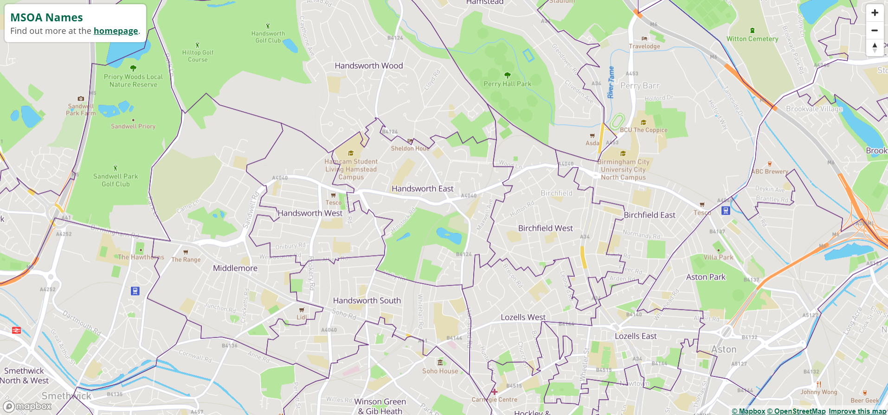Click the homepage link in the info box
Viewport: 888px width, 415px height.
pos(116,31)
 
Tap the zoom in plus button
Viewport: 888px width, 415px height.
pos(875,13)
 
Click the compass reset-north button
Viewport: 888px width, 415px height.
pos(875,47)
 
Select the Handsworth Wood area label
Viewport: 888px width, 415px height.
pos(369,66)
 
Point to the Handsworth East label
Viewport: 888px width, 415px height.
pos(422,189)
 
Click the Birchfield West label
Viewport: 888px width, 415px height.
pos(545,228)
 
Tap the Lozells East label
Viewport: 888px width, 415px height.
pos(636,336)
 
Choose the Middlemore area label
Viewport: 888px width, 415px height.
pos(235,268)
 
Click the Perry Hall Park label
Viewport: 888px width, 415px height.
pos(507,84)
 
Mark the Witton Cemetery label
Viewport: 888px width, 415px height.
pos(752,39)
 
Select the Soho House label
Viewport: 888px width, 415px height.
pos(440,371)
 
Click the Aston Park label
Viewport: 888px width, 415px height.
pos(706,277)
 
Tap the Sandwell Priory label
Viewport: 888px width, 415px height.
pos(133,126)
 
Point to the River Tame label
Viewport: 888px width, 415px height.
pos(611,82)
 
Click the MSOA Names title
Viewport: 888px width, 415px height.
pos(46,18)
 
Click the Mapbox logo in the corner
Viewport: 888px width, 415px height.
pos(28,407)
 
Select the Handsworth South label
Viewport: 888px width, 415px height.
pos(367,300)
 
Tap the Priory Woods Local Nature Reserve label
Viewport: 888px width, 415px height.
pos(133,81)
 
